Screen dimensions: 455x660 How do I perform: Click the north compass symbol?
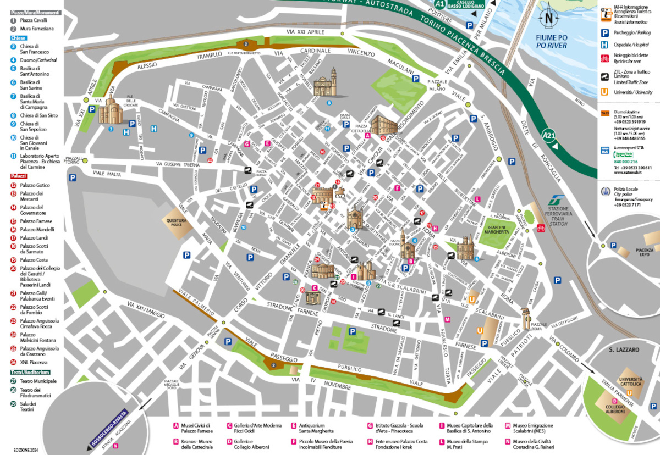click(x=549, y=18)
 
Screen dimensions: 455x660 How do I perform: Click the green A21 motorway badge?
click(x=548, y=134)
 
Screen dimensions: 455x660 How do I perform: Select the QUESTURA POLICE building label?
click(x=177, y=221)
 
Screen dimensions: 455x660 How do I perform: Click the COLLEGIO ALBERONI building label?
click(x=614, y=408)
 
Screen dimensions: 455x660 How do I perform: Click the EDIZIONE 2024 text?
click(x=24, y=449)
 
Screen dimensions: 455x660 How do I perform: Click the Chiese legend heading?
click(x=18, y=38)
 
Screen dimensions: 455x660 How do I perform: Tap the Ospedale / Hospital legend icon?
click(x=604, y=45)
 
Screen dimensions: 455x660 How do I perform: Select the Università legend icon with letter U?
click(x=604, y=92)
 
